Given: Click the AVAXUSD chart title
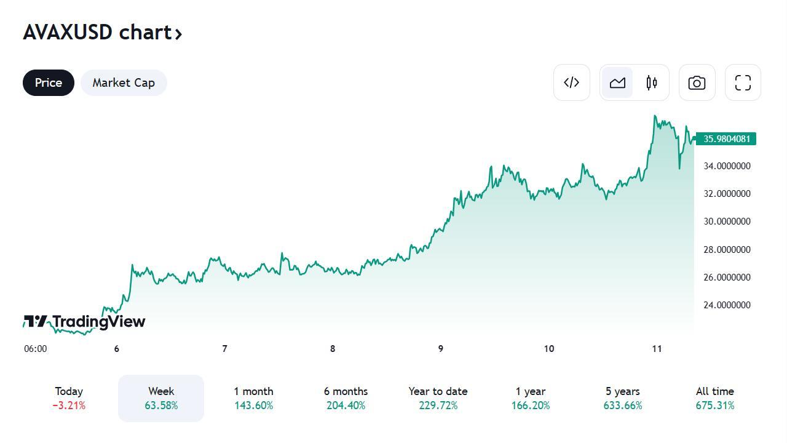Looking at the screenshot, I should tap(102, 32).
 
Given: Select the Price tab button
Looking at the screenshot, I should tap(49, 82).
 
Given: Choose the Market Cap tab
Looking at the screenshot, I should tap(124, 82).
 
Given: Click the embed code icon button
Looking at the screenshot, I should tap(571, 82).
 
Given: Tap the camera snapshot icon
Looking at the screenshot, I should tap(697, 82).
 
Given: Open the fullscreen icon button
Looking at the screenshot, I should tap(743, 82).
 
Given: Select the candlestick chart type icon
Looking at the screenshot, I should tap(652, 82).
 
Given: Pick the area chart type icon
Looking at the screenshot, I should tap(617, 82).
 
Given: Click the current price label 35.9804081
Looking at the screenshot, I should tap(726, 139).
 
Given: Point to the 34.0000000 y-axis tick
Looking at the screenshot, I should tap(726, 166).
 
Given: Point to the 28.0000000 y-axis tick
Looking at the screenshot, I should tap(726, 250).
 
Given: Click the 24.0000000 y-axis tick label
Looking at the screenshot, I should tap(726, 305).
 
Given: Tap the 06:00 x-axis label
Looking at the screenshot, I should tap(35, 349).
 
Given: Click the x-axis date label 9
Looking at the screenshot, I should tap(440, 349).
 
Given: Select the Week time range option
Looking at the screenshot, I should tap(161, 397).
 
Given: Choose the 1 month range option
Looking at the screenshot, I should tap(253, 397).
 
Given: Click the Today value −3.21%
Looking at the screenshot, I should tap(69, 406).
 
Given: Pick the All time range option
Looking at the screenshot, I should tap(714, 397).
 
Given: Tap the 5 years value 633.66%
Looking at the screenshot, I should tap(622, 406).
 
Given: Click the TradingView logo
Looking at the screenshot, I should tap(84, 321).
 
